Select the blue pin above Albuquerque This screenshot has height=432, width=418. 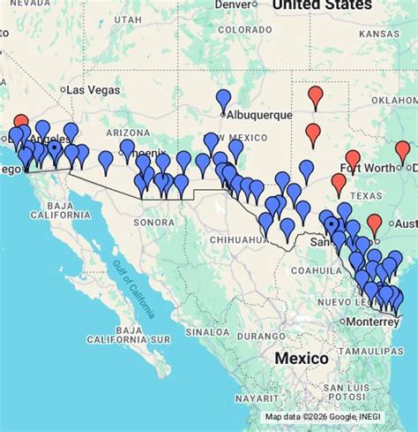(223, 100)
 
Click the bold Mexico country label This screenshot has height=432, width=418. (301, 359)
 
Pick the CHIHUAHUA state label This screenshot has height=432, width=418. (234, 239)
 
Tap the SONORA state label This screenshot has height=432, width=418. (154, 222)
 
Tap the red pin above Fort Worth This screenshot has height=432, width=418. (353, 160)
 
